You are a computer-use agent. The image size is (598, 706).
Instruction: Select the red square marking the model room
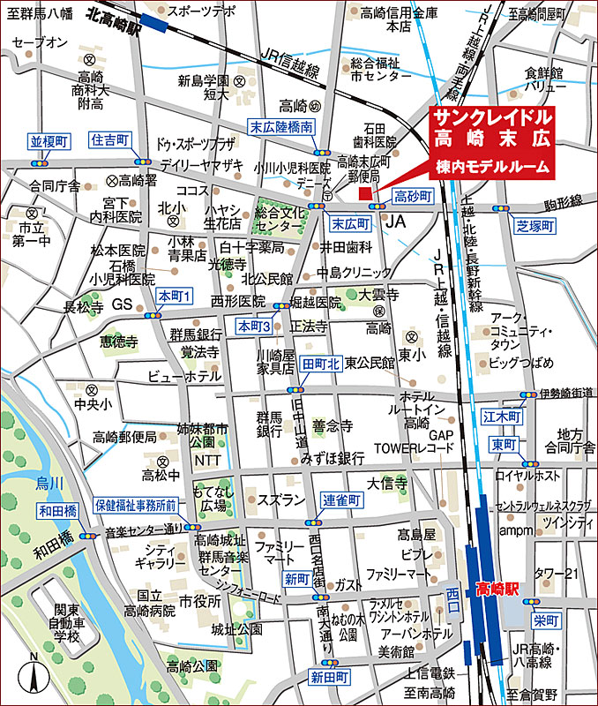[x=365, y=192]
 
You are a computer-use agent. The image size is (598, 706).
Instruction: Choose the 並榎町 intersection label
[x=49, y=141]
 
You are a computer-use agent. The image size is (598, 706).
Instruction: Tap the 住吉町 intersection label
[x=110, y=140]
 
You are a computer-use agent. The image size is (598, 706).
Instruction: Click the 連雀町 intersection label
[x=341, y=499]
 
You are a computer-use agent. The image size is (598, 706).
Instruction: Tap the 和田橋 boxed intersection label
[x=57, y=510]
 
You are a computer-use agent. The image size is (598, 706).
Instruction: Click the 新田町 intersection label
[x=329, y=677]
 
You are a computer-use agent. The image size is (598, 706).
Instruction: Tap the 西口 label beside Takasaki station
[x=453, y=592]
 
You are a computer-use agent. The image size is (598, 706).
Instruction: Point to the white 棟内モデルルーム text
[x=491, y=165]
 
